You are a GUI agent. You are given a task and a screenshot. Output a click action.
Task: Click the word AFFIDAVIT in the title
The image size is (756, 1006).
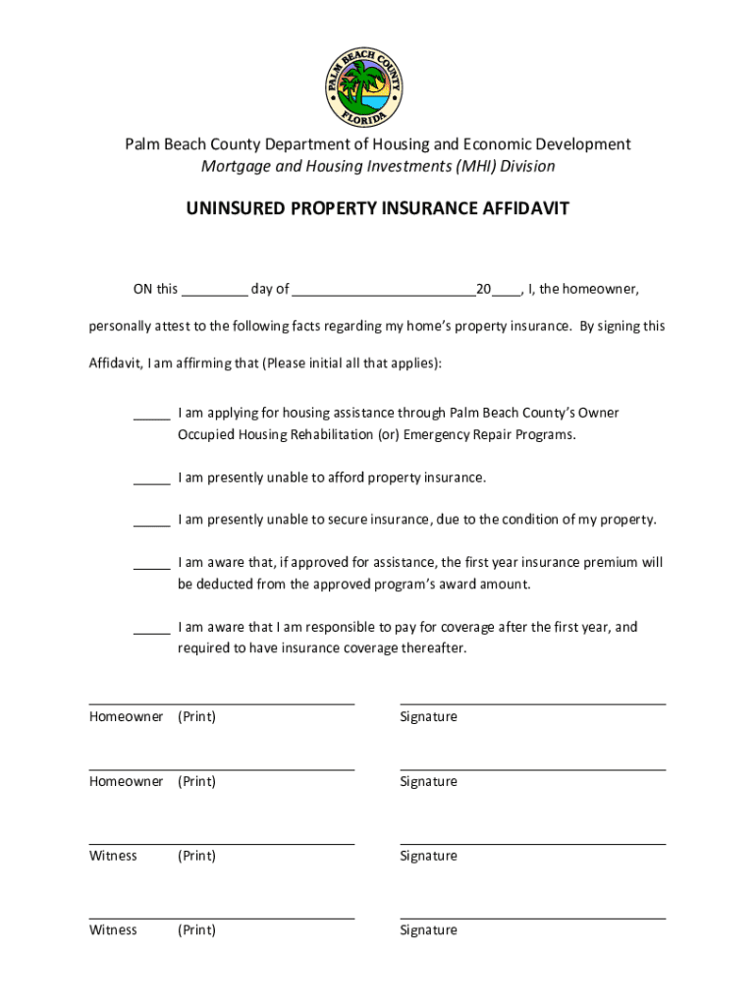pyautogui.click(x=523, y=209)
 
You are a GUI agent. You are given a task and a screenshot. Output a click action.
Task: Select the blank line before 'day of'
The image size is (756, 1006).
pyautogui.click(x=215, y=291)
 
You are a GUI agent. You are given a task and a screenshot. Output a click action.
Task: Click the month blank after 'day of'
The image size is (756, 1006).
pyautogui.click(x=383, y=291)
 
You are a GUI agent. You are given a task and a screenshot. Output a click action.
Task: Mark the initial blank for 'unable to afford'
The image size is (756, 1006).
pyautogui.click(x=152, y=480)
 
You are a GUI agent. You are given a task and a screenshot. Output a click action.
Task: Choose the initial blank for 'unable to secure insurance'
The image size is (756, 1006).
pyautogui.click(x=152, y=523)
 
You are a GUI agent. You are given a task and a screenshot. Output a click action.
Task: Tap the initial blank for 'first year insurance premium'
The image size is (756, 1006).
pyautogui.click(x=152, y=566)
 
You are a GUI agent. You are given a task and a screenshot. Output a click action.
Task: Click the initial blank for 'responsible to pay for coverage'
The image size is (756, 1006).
pyautogui.click(x=152, y=630)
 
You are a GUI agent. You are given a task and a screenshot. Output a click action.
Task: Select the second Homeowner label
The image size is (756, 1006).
pyautogui.click(x=126, y=782)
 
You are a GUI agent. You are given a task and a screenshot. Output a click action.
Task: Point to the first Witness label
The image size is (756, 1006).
pyautogui.click(x=114, y=856)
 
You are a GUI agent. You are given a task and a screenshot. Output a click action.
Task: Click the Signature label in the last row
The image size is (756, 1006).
pyautogui.click(x=428, y=930)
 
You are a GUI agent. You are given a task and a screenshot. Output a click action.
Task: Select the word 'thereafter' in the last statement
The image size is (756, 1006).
pyautogui.click(x=431, y=648)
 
